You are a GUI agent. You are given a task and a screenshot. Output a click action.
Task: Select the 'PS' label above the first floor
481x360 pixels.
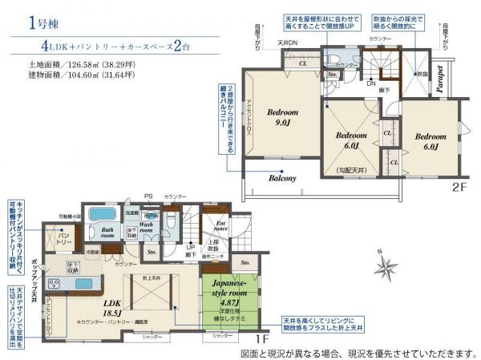pyautogui.click(x=148, y=196)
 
